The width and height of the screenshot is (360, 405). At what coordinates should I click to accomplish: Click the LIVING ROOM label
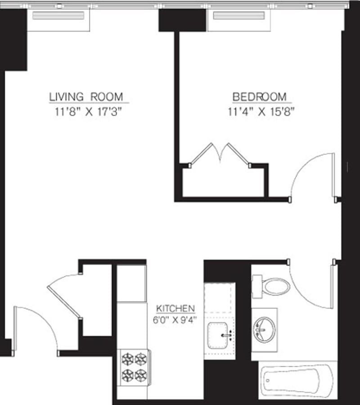(86, 97)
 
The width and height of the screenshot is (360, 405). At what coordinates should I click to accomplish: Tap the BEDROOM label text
(259, 97)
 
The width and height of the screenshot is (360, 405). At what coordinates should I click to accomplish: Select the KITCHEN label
(175, 309)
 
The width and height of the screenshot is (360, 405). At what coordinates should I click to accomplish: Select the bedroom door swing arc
(310, 175)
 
